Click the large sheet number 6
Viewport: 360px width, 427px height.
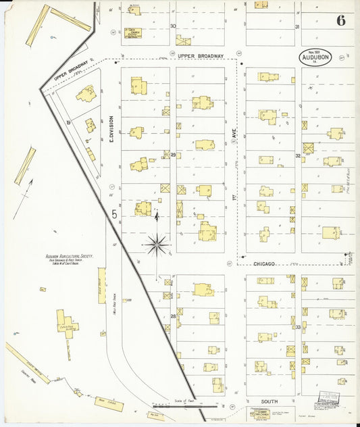340,20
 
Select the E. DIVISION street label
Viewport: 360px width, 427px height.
111,128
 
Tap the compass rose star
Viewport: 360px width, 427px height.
157,244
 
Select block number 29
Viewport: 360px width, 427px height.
173,155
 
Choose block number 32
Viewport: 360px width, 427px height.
297,155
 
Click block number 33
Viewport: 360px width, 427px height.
297,326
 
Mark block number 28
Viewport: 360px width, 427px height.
173,316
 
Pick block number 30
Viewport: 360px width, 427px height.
173,26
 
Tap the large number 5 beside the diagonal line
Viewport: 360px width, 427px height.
114,214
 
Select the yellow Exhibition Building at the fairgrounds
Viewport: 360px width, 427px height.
66,322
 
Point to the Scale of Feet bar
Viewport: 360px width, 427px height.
197,406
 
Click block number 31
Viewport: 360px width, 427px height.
297,26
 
